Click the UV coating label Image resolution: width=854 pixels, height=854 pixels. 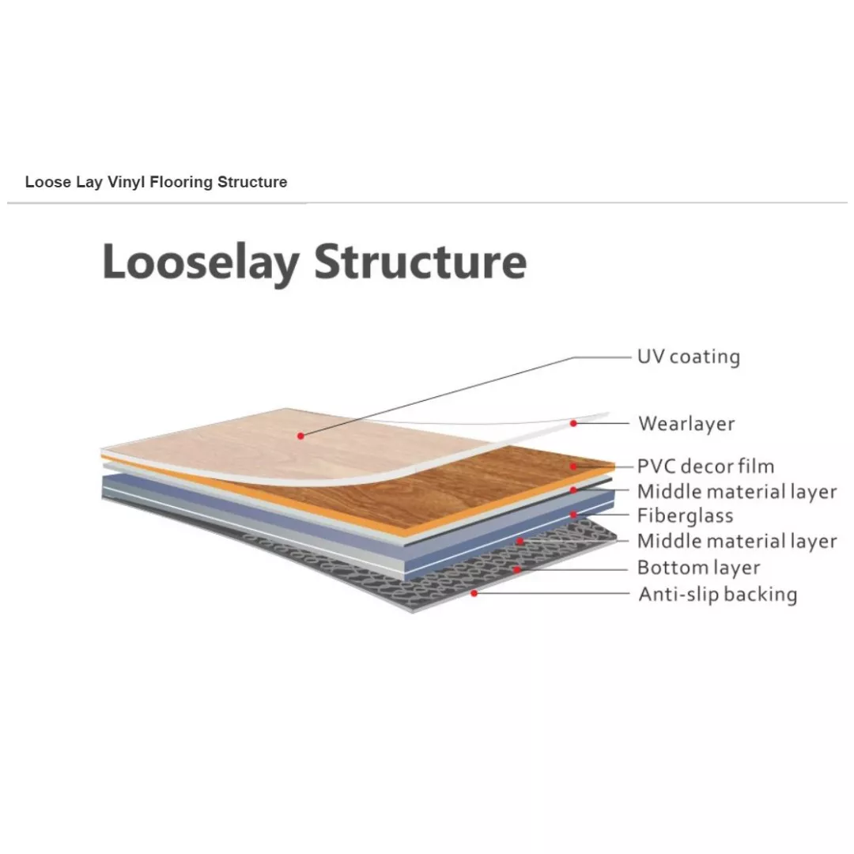689,357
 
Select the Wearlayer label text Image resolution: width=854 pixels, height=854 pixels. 686,424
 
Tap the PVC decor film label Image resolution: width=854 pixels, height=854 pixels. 705,467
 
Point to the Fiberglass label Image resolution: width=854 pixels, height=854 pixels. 685,516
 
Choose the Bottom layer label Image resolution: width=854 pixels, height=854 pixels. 698,568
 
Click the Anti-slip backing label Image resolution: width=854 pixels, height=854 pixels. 718,594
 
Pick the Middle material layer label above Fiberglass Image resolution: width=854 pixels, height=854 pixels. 737,492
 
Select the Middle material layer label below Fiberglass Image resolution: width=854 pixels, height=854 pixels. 737,542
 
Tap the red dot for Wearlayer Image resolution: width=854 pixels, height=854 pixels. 573,423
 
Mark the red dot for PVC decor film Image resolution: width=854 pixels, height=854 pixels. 573,467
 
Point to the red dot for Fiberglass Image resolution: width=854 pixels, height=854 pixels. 573,515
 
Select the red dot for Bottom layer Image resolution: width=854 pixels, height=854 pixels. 516,569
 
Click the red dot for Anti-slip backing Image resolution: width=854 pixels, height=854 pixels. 474,593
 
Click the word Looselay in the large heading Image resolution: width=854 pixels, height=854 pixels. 200,263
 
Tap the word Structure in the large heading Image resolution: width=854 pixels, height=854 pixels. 421,262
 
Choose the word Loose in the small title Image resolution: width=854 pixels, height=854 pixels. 48,182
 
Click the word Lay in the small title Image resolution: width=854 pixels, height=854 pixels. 89,182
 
